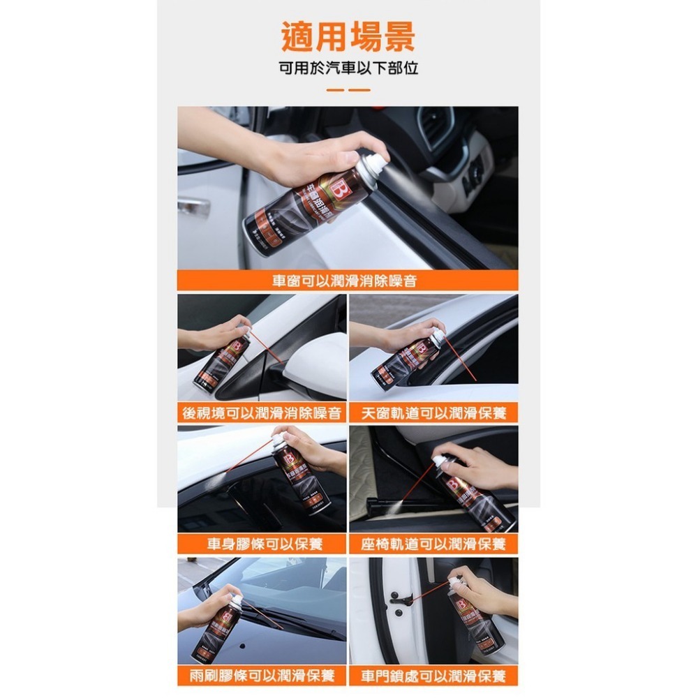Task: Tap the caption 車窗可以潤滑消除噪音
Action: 348,281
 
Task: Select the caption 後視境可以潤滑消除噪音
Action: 262,413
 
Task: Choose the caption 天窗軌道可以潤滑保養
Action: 433,413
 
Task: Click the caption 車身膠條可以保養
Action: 262,544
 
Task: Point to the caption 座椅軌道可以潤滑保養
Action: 433,544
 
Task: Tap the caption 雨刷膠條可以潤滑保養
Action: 262,675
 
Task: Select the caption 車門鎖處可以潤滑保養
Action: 433,675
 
